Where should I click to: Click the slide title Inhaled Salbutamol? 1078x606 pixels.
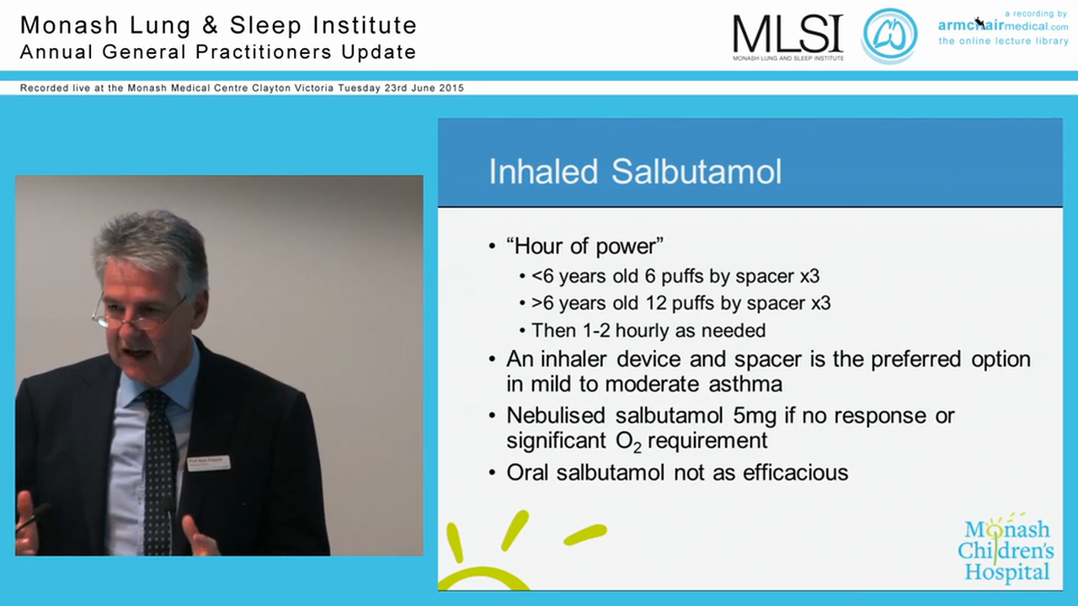click(635, 172)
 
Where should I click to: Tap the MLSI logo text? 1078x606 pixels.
click(787, 35)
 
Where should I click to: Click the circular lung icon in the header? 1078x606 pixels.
click(889, 35)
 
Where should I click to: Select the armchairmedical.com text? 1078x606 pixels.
click(1003, 26)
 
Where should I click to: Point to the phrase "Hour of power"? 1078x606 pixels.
click(584, 246)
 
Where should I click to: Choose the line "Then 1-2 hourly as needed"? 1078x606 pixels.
click(648, 331)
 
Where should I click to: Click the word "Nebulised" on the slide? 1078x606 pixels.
click(557, 416)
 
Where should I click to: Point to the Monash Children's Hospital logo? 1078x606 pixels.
click(1006, 551)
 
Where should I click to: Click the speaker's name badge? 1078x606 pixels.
click(208, 463)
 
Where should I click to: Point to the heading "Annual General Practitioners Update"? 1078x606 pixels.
click(218, 52)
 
